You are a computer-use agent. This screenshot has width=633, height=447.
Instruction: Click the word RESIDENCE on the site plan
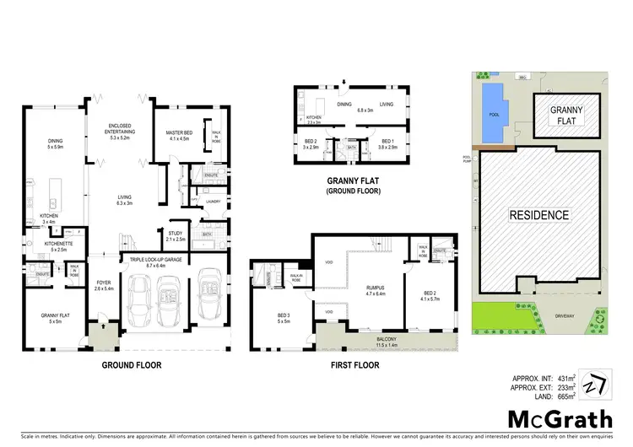(x=538, y=215)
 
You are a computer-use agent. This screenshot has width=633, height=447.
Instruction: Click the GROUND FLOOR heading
(x=132, y=365)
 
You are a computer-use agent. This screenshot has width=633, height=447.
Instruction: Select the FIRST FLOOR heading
(x=354, y=365)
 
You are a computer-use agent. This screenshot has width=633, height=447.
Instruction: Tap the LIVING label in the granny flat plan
(x=387, y=105)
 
